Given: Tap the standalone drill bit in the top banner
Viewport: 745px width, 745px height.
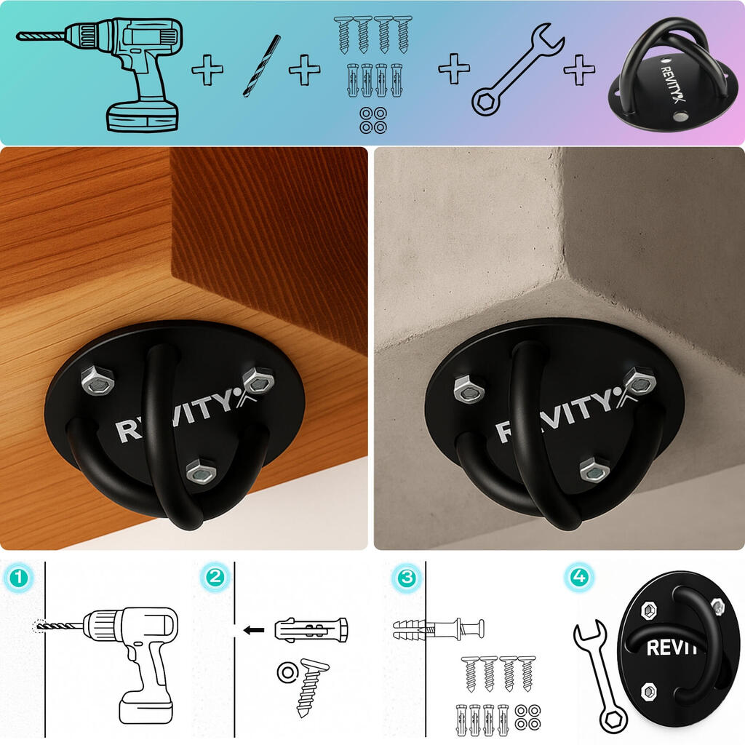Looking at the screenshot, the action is pyautogui.click(x=261, y=65).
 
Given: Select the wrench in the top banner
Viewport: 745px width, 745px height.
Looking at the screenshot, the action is pyautogui.click(x=517, y=69).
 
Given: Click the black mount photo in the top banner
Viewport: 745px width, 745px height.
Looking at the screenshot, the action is pyautogui.click(x=674, y=76).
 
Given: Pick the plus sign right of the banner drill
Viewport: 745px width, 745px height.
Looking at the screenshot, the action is pyautogui.click(x=207, y=70).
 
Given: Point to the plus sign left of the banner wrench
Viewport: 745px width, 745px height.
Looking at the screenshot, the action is pyautogui.click(x=454, y=68).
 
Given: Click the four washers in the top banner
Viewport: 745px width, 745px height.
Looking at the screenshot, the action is pyautogui.click(x=373, y=120).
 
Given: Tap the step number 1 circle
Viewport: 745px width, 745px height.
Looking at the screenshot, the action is pyautogui.click(x=19, y=578).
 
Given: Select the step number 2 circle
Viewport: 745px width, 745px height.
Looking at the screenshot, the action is pyautogui.click(x=215, y=577).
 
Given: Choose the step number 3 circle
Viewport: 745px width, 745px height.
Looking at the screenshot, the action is pyautogui.click(x=406, y=578).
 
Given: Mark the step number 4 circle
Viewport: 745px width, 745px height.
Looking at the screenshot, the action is pyautogui.click(x=578, y=577).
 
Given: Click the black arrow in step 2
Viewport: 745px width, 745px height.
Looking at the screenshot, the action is pyautogui.click(x=254, y=631).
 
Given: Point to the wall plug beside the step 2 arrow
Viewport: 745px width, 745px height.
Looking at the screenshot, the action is pyautogui.click(x=311, y=631).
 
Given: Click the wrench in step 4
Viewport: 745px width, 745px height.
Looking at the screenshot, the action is pyautogui.click(x=600, y=674).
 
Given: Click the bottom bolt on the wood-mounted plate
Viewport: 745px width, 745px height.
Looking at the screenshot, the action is pyautogui.click(x=201, y=471).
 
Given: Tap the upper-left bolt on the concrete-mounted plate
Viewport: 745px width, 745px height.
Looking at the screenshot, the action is pyautogui.click(x=469, y=389).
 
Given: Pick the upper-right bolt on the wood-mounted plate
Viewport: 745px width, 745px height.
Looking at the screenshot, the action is pyautogui.click(x=258, y=381).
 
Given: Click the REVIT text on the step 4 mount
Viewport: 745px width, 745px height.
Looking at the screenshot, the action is pyautogui.click(x=671, y=648).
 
